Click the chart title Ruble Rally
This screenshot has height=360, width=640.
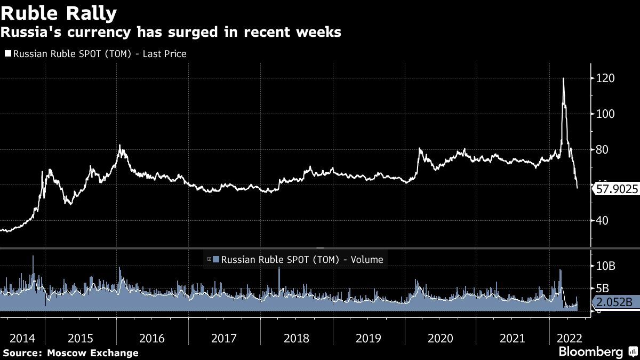click(x=60, y=12)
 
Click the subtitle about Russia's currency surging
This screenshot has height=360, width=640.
click(x=171, y=33)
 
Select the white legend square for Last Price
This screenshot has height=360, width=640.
click(x=7, y=54)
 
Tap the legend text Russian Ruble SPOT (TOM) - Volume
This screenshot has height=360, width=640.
click(x=302, y=260)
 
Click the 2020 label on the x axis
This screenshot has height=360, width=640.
click(x=441, y=338)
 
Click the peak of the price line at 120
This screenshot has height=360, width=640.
click(x=564, y=79)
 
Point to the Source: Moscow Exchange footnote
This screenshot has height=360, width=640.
click(x=70, y=353)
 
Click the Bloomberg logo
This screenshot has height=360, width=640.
click(x=590, y=352)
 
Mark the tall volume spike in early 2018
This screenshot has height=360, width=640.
click(x=279, y=269)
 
